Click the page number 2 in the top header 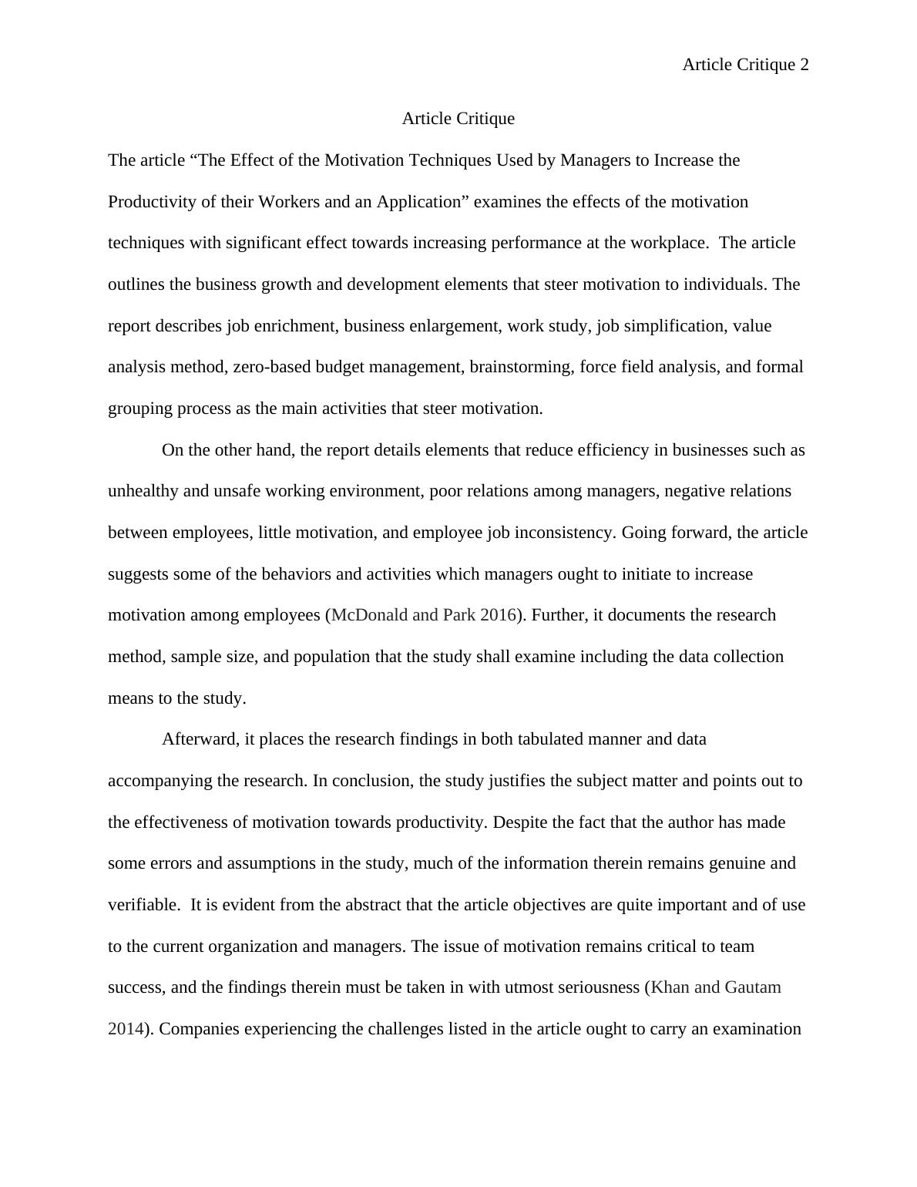click(x=804, y=66)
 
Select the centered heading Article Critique click(x=458, y=119)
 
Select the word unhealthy click(x=143, y=491)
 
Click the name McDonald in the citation click(x=369, y=615)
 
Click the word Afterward click(x=200, y=739)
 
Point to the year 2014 click(x=126, y=1029)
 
